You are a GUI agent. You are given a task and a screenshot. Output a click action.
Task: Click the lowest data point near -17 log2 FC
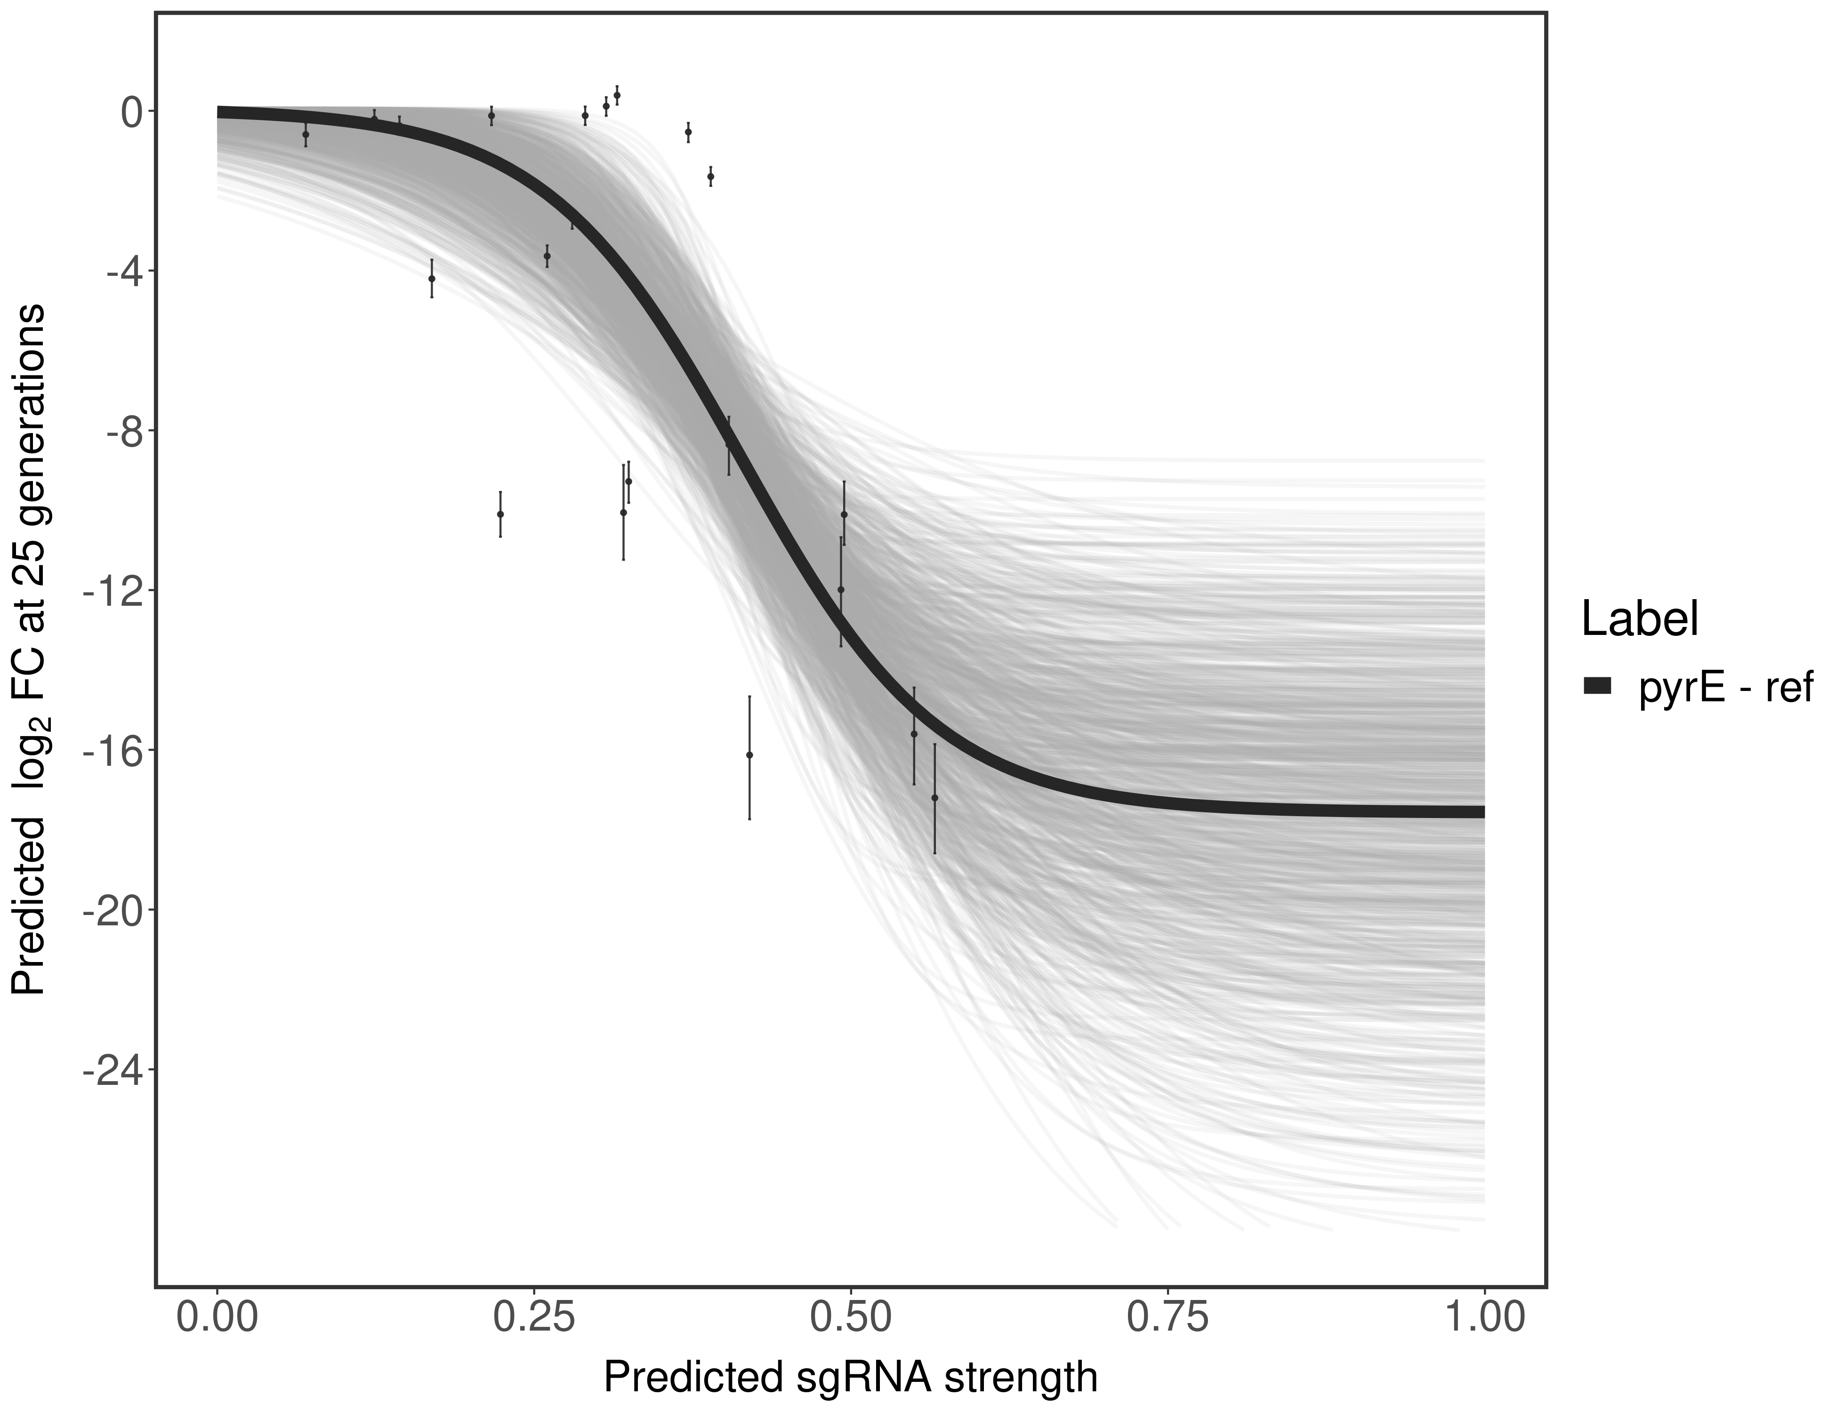coord(935,798)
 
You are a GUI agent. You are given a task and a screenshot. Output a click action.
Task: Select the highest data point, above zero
coord(617,95)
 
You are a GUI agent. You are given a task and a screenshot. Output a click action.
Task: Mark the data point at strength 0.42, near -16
coord(749,755)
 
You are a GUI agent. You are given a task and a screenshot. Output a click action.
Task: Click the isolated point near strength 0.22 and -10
coord(500,513)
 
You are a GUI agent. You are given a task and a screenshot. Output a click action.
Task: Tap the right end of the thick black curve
coord(1481,811)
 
